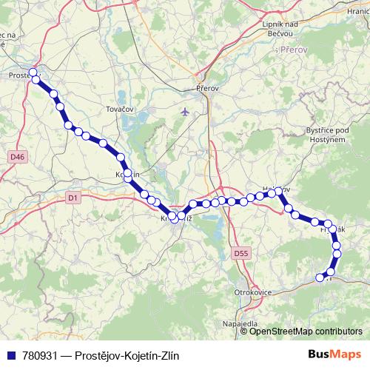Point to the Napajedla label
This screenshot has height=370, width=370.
240,324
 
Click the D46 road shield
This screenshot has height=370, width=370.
17,157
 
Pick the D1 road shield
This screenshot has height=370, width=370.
73,198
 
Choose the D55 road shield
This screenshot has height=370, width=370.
240,253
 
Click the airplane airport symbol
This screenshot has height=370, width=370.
185,112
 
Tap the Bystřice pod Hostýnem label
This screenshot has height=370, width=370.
327,134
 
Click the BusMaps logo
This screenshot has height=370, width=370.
334,354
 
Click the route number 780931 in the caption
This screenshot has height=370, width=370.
42,355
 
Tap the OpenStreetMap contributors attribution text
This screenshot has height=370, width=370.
306,332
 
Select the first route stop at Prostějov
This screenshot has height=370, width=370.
33,72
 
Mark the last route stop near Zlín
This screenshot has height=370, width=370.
320,278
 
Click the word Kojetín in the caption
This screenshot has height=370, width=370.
137,355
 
